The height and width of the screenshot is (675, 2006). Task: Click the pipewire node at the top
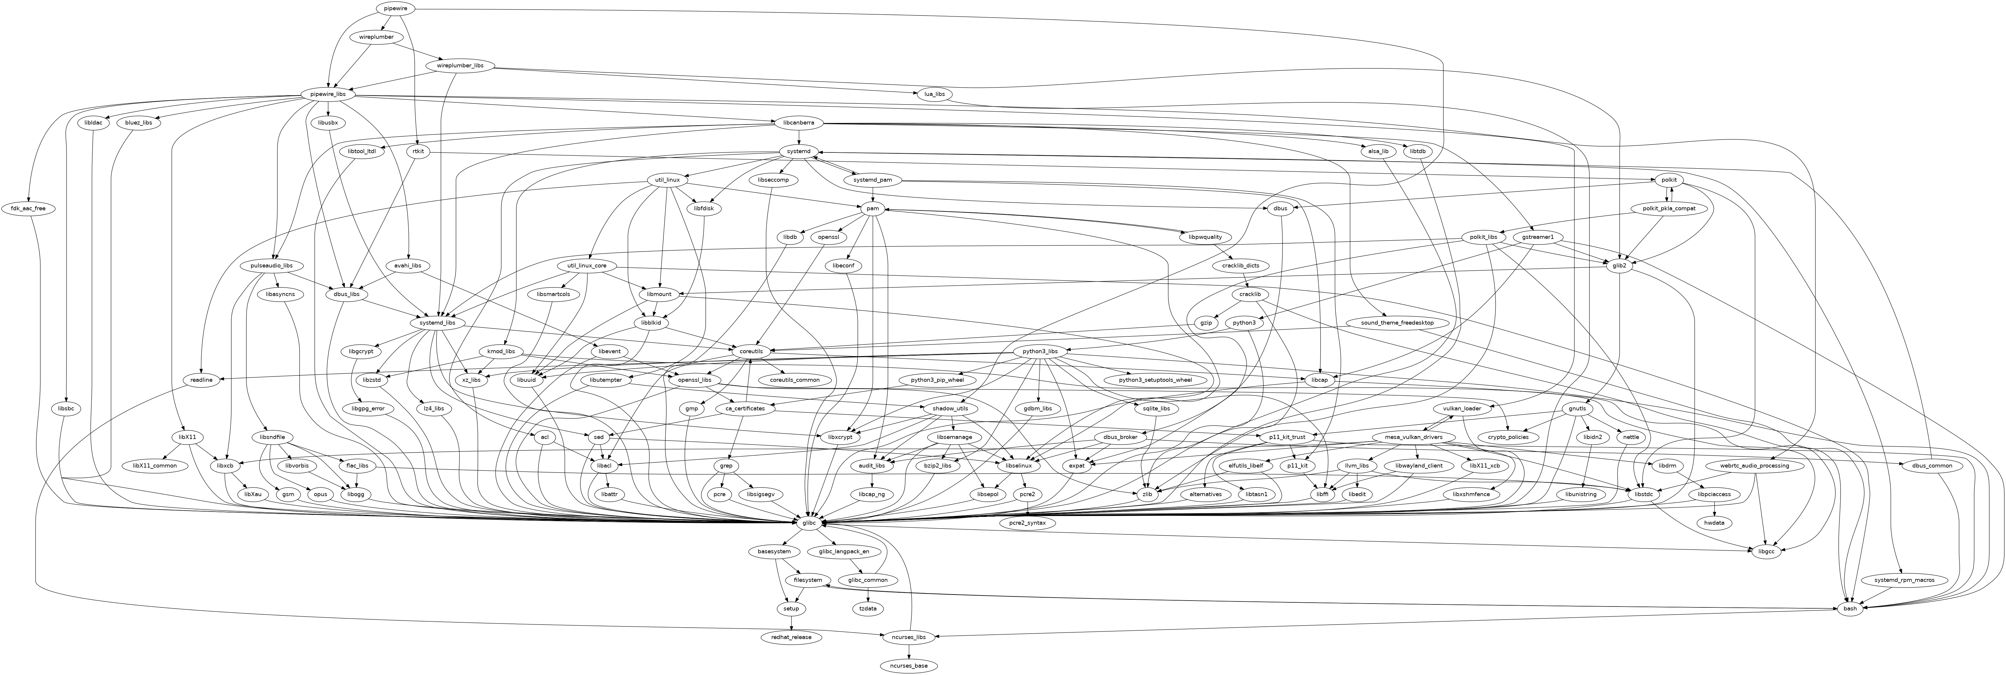pyautogui.click(x=396, y=9)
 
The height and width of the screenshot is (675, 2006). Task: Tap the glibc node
pyautogui.click(x=809, y=523)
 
